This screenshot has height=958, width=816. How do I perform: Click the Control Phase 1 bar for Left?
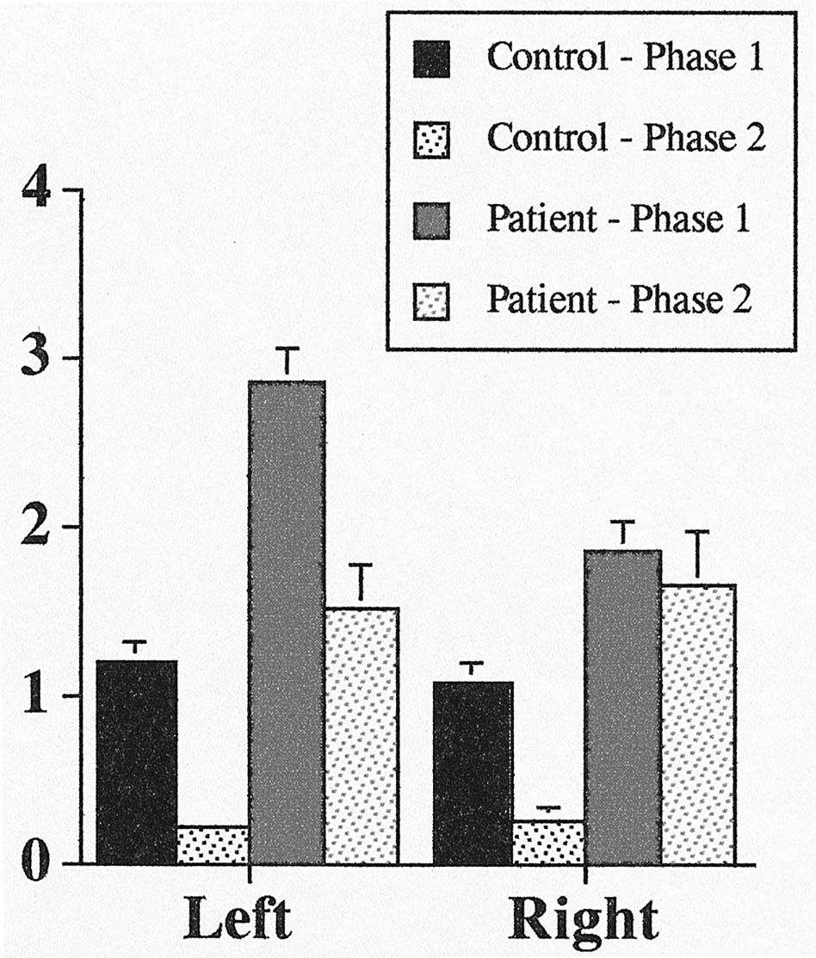[x=136, y=762]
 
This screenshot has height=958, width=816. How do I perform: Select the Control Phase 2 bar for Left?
[x=213, y=844]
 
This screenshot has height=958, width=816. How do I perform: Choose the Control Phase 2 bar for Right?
[x=548, y=842]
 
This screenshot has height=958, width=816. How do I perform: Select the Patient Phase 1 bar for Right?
[x=622, y=706]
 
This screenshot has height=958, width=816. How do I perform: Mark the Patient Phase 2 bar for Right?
[x=698, y=723]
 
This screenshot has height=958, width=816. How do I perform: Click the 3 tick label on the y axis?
[x=39, y=359]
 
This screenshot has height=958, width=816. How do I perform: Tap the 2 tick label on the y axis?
[x=39, y=528]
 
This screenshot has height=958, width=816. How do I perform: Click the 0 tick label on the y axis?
[x=39, y=864]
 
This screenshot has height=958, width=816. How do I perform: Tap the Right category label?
[x=584, y=922]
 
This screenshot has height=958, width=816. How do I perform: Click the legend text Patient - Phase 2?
[x=620, y=300]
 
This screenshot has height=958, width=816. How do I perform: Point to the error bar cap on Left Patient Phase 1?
[x=287, y=349]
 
